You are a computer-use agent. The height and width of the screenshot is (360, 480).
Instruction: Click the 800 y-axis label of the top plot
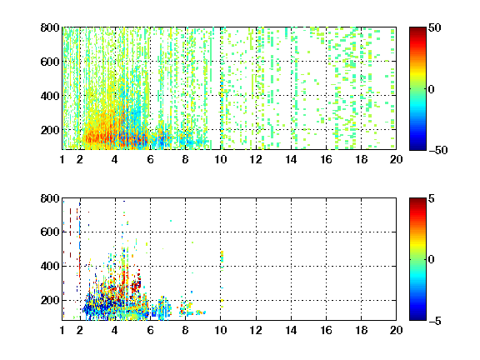[50, 27]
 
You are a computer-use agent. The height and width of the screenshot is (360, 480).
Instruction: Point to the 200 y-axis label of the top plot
[50, 130]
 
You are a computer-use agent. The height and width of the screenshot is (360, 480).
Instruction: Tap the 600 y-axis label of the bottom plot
[50, 232]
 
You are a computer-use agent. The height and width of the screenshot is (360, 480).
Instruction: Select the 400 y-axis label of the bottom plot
[50, 266]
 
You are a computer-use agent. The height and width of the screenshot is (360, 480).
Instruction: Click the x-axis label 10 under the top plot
[220, 159]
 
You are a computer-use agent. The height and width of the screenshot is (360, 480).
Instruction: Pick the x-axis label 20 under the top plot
[396, 159]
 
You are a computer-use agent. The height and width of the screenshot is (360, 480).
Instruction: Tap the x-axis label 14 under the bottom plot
[291, 330]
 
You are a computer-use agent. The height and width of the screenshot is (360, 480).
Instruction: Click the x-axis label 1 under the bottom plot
[62, 330]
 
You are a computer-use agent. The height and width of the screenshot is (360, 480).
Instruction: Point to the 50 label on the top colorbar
[435, 27]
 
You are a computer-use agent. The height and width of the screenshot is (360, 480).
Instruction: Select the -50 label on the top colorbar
[438, 150]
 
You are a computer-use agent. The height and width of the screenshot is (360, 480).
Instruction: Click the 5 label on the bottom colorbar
[432, 199]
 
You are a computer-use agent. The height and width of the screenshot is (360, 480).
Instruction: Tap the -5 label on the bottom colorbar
[435, 321]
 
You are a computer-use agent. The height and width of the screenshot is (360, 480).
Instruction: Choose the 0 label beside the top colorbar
[432, 89]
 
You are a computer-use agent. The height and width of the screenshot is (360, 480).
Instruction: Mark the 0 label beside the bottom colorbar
[432, 260]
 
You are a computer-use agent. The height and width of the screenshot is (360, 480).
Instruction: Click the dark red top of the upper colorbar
[417, 30]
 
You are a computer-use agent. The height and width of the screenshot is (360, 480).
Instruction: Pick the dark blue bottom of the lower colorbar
[417, 317]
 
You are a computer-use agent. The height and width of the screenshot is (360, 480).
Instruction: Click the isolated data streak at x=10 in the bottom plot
[222, 257]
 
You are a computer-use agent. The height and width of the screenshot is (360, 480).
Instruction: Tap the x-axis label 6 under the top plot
[150, 159]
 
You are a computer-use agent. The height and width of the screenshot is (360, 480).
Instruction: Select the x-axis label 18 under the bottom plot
[361, 330]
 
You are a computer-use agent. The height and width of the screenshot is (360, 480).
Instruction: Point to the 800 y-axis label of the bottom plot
[50, 198]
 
